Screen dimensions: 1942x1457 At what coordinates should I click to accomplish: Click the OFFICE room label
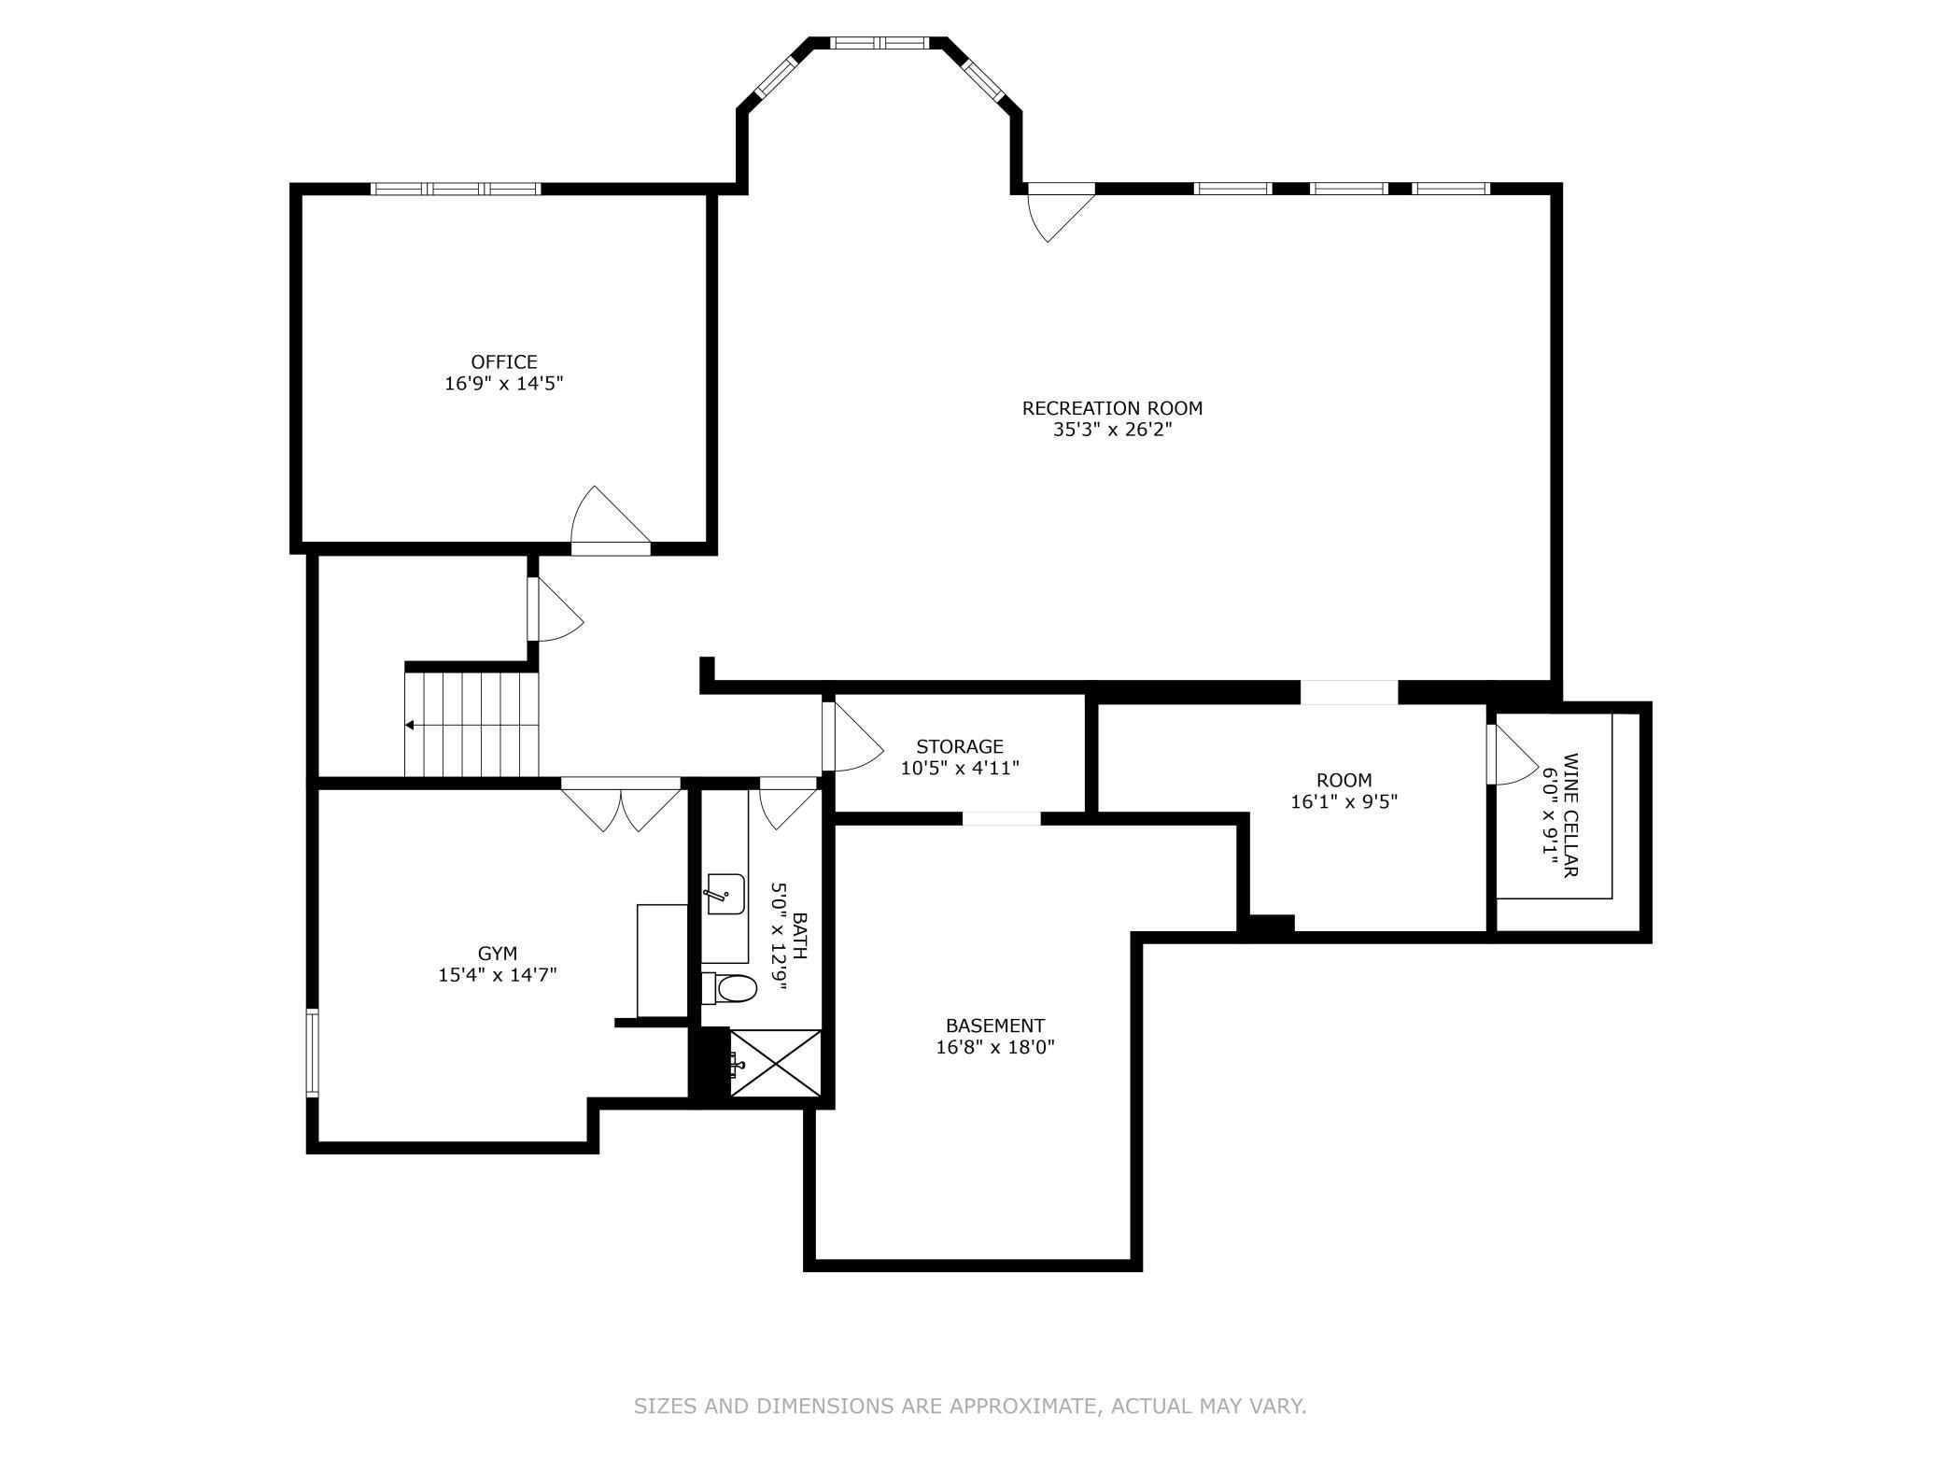click(x=504, y=361)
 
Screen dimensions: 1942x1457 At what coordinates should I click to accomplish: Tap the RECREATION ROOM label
click(x=1112, y=408)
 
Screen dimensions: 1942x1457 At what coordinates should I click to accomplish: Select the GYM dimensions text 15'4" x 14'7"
click(x=498, y=975)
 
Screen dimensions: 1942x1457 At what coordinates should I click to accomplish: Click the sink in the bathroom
click(x=725, y=894)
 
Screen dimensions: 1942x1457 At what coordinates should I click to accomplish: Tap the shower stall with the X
click(x=775, y=1063)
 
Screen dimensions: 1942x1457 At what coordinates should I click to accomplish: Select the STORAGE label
click(x=960, y=746)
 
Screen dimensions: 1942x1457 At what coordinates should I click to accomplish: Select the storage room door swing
click(x=852, y=735)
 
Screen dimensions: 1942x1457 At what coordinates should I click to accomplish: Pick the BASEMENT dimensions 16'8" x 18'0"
click(x=995, y=1047)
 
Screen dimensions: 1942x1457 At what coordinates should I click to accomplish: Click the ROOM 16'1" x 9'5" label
click(x=1344, y=790)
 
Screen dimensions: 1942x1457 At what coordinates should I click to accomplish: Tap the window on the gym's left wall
click(x=313, y=1053)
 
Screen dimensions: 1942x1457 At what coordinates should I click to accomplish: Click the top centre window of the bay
click(x=879, y=42)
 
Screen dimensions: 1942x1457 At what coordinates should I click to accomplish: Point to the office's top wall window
click(x=456, y=189)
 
